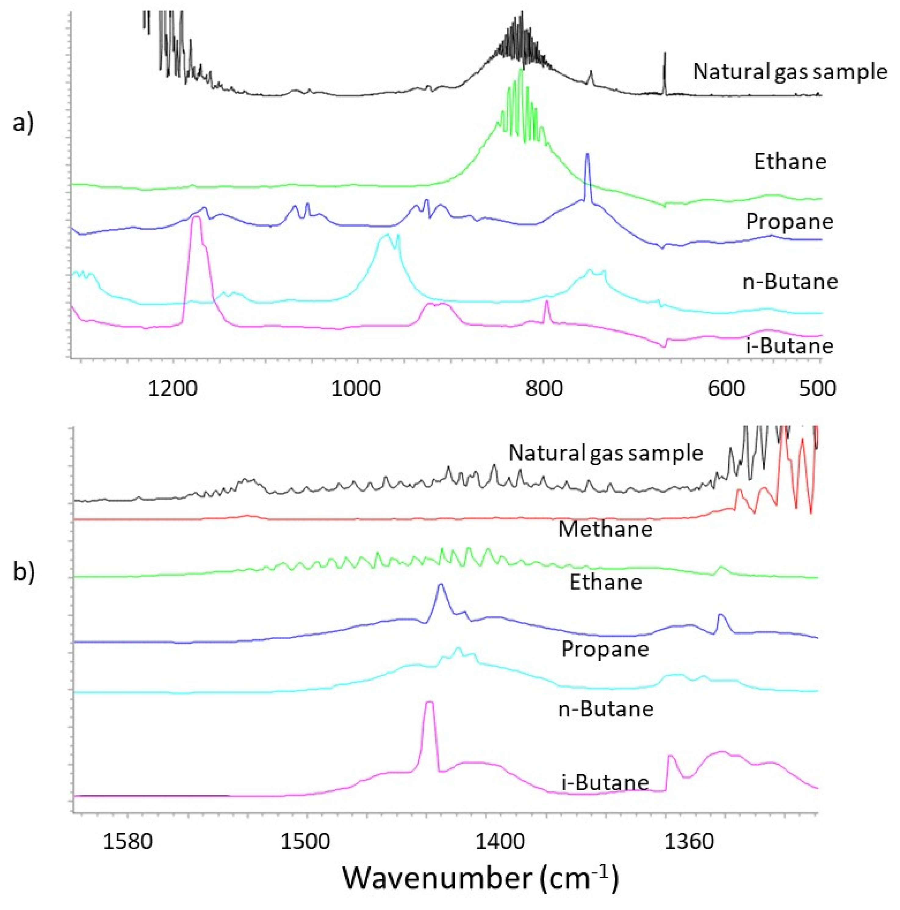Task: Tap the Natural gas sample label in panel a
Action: pyautogui.click(x=790, y=72)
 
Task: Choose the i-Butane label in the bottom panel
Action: pyautogui.click(x=605, y=782)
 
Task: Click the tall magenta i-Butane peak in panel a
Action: pyautogui.click(x=196, y=220)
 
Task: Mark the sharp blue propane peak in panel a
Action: pyautogui.click(x=587, y=156)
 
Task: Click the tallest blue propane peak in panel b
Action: pyautogui.click(x=441, y=586)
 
